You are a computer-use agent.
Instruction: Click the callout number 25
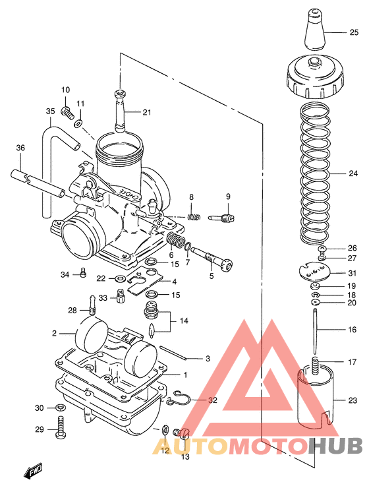[354, 32]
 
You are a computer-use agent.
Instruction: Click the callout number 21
[146, 112]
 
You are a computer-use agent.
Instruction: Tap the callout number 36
[20, 148]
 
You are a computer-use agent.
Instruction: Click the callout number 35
[50, 111]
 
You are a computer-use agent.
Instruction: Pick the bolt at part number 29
[61, 429]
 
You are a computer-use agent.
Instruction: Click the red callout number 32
[212, 400]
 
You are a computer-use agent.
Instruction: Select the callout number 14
[184, 320]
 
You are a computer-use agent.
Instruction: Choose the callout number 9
[228, 197]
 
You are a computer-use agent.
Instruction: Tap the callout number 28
[72, 310]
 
